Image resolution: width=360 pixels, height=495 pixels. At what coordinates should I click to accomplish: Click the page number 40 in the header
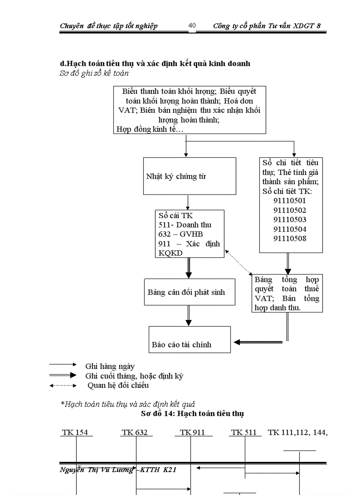[x=192, y=26]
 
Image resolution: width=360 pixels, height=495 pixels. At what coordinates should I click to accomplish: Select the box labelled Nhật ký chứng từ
[x=189, y=176]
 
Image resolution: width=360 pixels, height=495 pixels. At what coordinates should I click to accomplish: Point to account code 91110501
[x=289, y=201]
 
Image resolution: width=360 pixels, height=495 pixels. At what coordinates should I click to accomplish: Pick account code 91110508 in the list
[x=289, y=238]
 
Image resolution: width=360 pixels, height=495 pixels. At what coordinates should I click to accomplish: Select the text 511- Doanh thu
[x=185, y=225]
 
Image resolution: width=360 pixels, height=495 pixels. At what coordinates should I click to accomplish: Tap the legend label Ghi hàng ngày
[x=110, y=366]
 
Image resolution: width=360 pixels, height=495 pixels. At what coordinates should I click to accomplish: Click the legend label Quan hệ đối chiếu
[x=118, y=385]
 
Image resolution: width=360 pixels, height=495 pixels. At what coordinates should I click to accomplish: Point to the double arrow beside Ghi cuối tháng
[x=63, y=376]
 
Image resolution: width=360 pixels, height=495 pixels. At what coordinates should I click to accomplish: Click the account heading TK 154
[x=75, y=432]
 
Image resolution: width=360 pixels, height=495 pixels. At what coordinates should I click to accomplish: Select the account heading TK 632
[x=135, y=432]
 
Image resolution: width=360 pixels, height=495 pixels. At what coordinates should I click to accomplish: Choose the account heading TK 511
[x=244, y=432]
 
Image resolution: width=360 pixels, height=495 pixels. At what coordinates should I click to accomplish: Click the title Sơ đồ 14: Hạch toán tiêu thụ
[x=192, y=413]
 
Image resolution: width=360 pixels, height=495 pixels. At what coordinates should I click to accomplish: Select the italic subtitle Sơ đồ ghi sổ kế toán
[x=94, y=73]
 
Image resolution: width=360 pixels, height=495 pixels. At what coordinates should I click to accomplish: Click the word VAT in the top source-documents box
[x=127, y=110]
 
